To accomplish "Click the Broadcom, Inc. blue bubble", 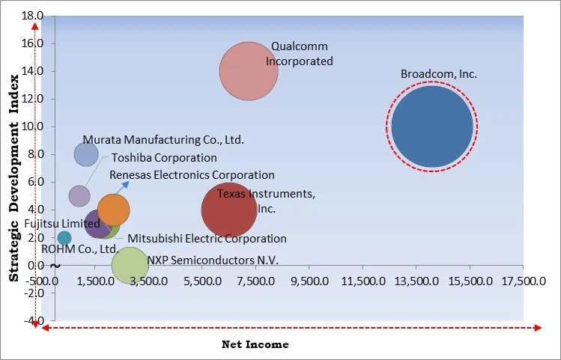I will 431,126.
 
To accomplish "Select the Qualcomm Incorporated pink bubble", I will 249,71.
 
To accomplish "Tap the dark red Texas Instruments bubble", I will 230,210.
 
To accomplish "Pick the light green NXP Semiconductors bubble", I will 130,265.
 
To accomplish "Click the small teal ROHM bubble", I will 64,238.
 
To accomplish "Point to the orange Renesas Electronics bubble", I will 114,210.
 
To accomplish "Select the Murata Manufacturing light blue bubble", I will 86,154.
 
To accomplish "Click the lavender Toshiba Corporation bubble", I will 79,196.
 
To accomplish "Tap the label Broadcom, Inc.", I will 439,74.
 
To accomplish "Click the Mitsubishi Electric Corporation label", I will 207,239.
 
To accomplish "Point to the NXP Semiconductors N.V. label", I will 213,260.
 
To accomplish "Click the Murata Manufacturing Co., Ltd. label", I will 163,139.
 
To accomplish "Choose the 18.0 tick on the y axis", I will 33,16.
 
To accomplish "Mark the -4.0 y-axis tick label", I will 33,320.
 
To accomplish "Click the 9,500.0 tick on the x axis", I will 310,281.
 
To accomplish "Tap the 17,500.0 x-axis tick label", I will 524,281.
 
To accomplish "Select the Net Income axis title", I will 255,344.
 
